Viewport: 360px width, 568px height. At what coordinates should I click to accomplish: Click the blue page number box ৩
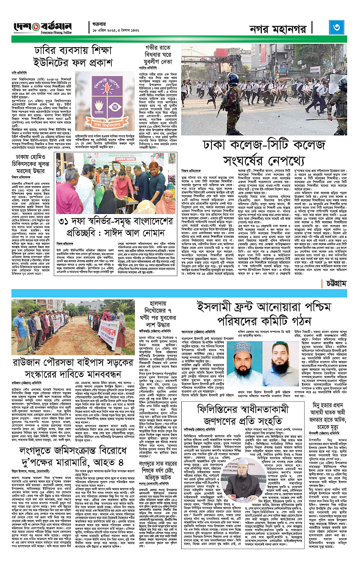pyautogui.click(x=337, y=27)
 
